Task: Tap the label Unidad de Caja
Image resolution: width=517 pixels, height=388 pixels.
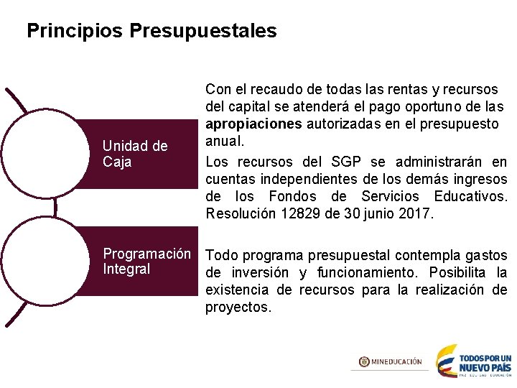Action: click(x=135, y=154)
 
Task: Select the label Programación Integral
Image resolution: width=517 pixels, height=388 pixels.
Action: click(x=146, y=262)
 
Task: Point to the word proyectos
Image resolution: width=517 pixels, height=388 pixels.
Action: click(x=238, y=307)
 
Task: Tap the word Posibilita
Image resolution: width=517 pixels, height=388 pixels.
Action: click(x=457, y=272)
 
